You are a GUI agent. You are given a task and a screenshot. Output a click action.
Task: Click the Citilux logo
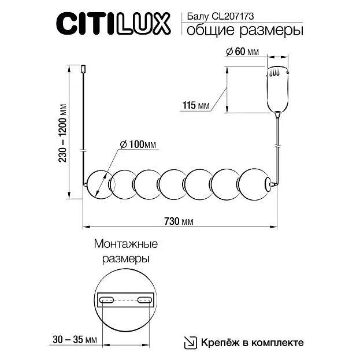(113, 24)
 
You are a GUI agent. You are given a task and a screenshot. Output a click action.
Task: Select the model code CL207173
(232, 16)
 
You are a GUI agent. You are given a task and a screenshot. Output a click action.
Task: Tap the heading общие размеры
(245, 31)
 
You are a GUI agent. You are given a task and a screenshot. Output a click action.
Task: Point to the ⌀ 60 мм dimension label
(243, 51)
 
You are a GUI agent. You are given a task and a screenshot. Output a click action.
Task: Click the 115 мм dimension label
(196, 105)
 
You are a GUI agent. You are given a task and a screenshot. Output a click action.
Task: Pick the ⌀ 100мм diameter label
(138, 144)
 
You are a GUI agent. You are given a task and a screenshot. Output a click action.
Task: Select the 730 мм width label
(179, 221)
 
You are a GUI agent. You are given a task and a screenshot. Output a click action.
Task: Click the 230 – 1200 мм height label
(62, 133)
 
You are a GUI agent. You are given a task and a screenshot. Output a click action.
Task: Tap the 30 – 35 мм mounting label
(75, 340)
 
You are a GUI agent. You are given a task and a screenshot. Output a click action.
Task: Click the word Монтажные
(126, 244)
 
